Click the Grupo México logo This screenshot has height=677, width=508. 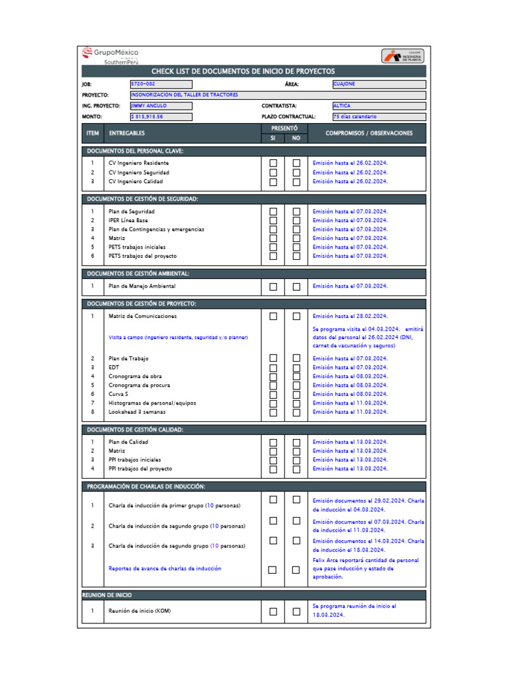click(110, 55)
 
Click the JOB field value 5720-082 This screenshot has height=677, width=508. click(161, 84)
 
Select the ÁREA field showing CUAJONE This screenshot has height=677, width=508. click(378, 84)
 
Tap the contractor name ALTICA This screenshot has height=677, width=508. click(378, 106)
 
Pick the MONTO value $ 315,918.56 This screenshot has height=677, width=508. click(161, 116)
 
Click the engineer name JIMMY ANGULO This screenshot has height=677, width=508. click(161, 106)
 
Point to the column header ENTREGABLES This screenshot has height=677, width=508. click(127, 133)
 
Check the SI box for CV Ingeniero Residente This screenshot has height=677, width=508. click(273, 163)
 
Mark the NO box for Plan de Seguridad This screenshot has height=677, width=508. click(296, 212)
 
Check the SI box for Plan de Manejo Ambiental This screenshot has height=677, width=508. click(273, 287)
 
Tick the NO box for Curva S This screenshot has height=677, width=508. click(296, 394)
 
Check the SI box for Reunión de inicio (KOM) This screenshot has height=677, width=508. click(273, 612)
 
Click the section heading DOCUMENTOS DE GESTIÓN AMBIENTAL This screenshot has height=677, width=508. click(138, 273)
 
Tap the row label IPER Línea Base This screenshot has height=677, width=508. click(128, 220)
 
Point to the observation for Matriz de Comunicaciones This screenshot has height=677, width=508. click(351, 316)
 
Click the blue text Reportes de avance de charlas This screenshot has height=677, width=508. click(165, 569)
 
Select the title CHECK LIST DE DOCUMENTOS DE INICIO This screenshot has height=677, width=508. click(243, 71)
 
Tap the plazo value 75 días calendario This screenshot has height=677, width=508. click(378, 116)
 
